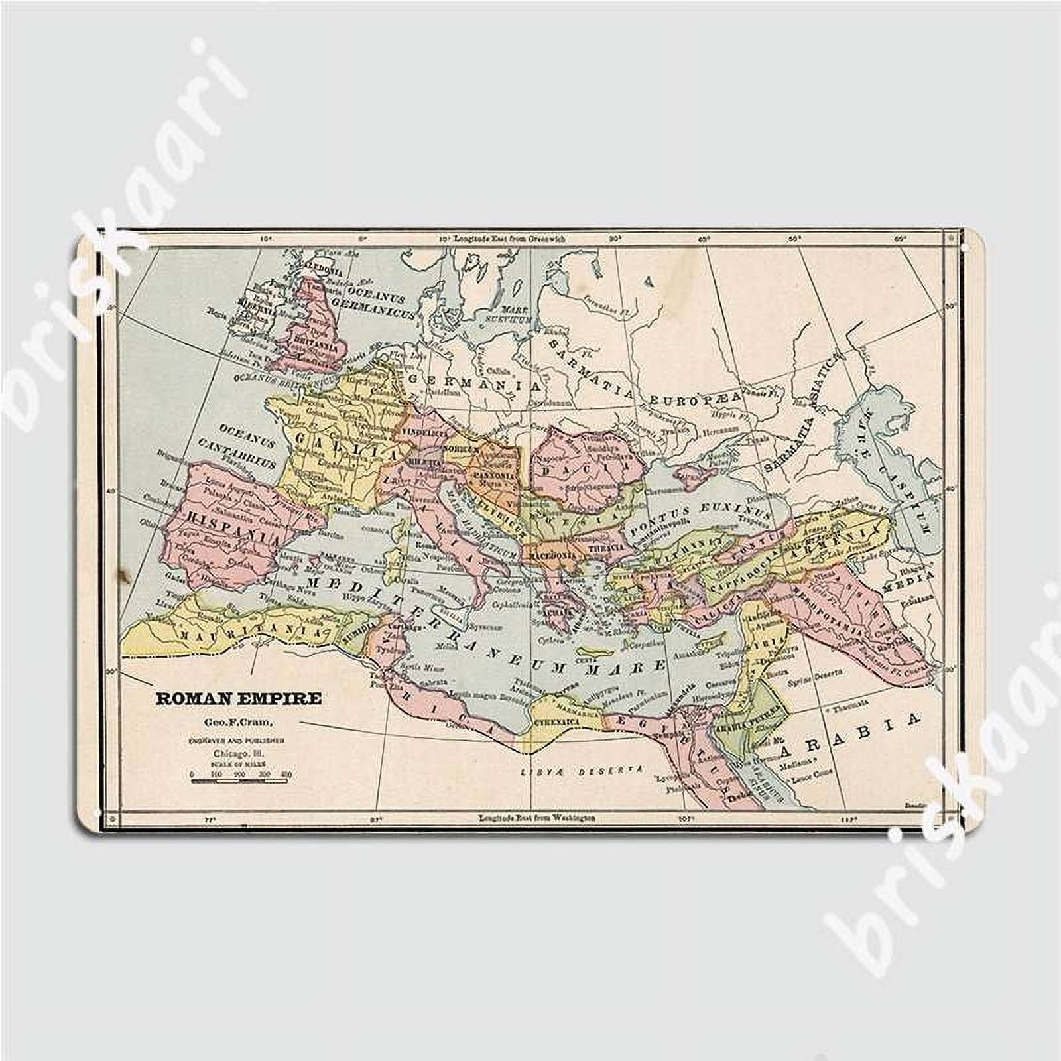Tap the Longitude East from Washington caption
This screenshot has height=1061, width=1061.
pos(536,818)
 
